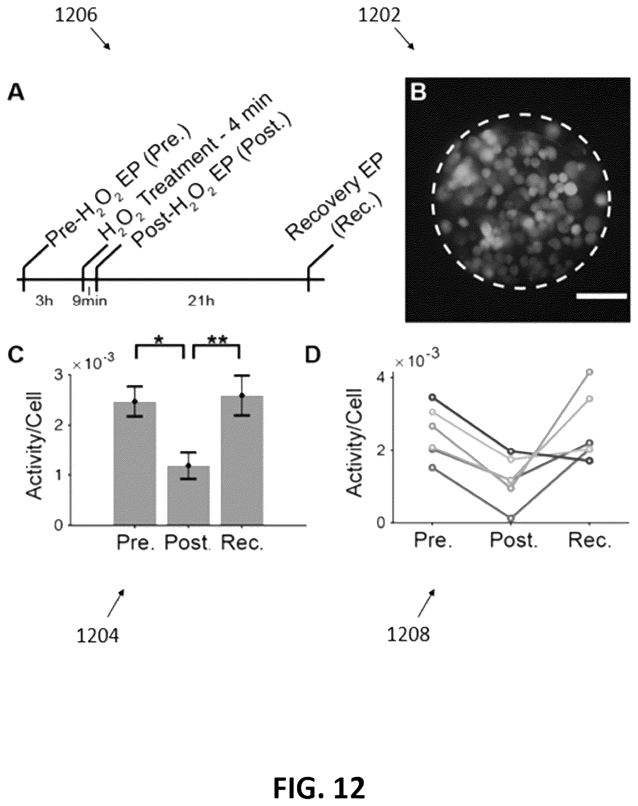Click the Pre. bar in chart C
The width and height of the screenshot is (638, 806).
tap(135, 463)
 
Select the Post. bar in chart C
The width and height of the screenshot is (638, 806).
tap(188, 495)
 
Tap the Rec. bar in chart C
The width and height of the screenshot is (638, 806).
tap(242, 460)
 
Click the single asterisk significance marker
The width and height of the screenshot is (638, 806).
tap(159, 340)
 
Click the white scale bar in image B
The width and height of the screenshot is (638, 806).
tap(601, 296)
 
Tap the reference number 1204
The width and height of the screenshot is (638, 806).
tap(98, 635)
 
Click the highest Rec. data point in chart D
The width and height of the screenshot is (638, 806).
tap(590, 372)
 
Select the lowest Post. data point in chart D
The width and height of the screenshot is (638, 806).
tap(511, 518)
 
